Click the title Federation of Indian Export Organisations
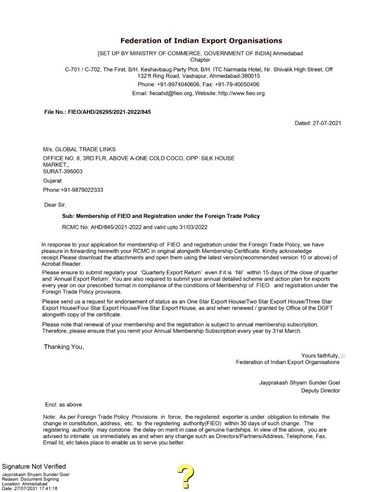(201, 41)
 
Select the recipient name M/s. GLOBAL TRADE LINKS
(79, 149)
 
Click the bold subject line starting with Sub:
(161, 216)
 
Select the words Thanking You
(64, 347)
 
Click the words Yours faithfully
(320, 356)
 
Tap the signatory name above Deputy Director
(299, 382)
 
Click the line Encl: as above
(63, 405)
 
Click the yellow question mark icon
(185, 477)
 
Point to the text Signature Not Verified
(34, 467)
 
